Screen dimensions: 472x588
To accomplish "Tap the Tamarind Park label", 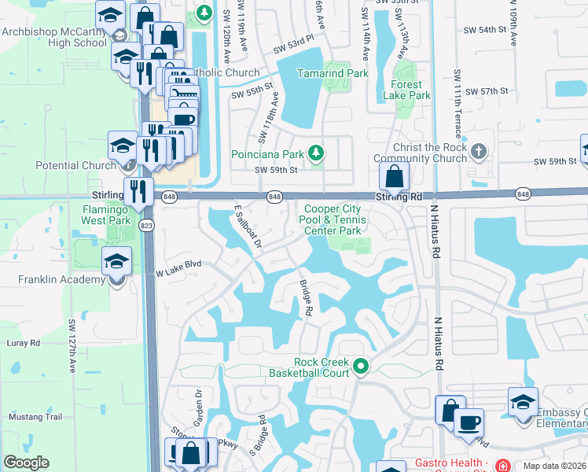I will tap(333, 73).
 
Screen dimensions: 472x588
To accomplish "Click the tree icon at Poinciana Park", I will tap(315, 153).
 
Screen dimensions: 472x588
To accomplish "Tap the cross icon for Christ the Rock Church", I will tap(480, 149).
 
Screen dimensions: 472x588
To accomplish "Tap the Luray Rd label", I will tap(24, 343).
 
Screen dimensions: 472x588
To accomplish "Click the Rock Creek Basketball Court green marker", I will tap(361, 366).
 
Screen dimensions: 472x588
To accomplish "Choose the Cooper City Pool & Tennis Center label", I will tap(333, 219).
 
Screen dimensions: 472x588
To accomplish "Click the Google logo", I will tap(26, 463).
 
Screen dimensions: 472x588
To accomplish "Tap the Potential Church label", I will tap(75, 166).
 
